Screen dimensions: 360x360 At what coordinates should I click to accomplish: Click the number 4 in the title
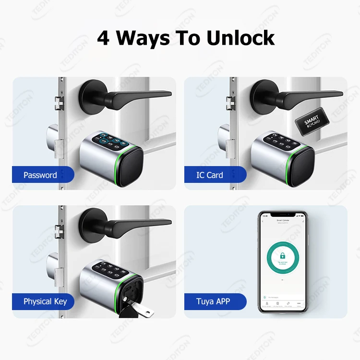coord(103,37)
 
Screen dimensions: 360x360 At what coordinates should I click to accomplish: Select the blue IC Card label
coord(210,175)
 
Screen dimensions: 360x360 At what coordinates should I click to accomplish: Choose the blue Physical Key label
coord(45,302)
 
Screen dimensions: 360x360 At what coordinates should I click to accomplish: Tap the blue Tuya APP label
coord(213,302)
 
